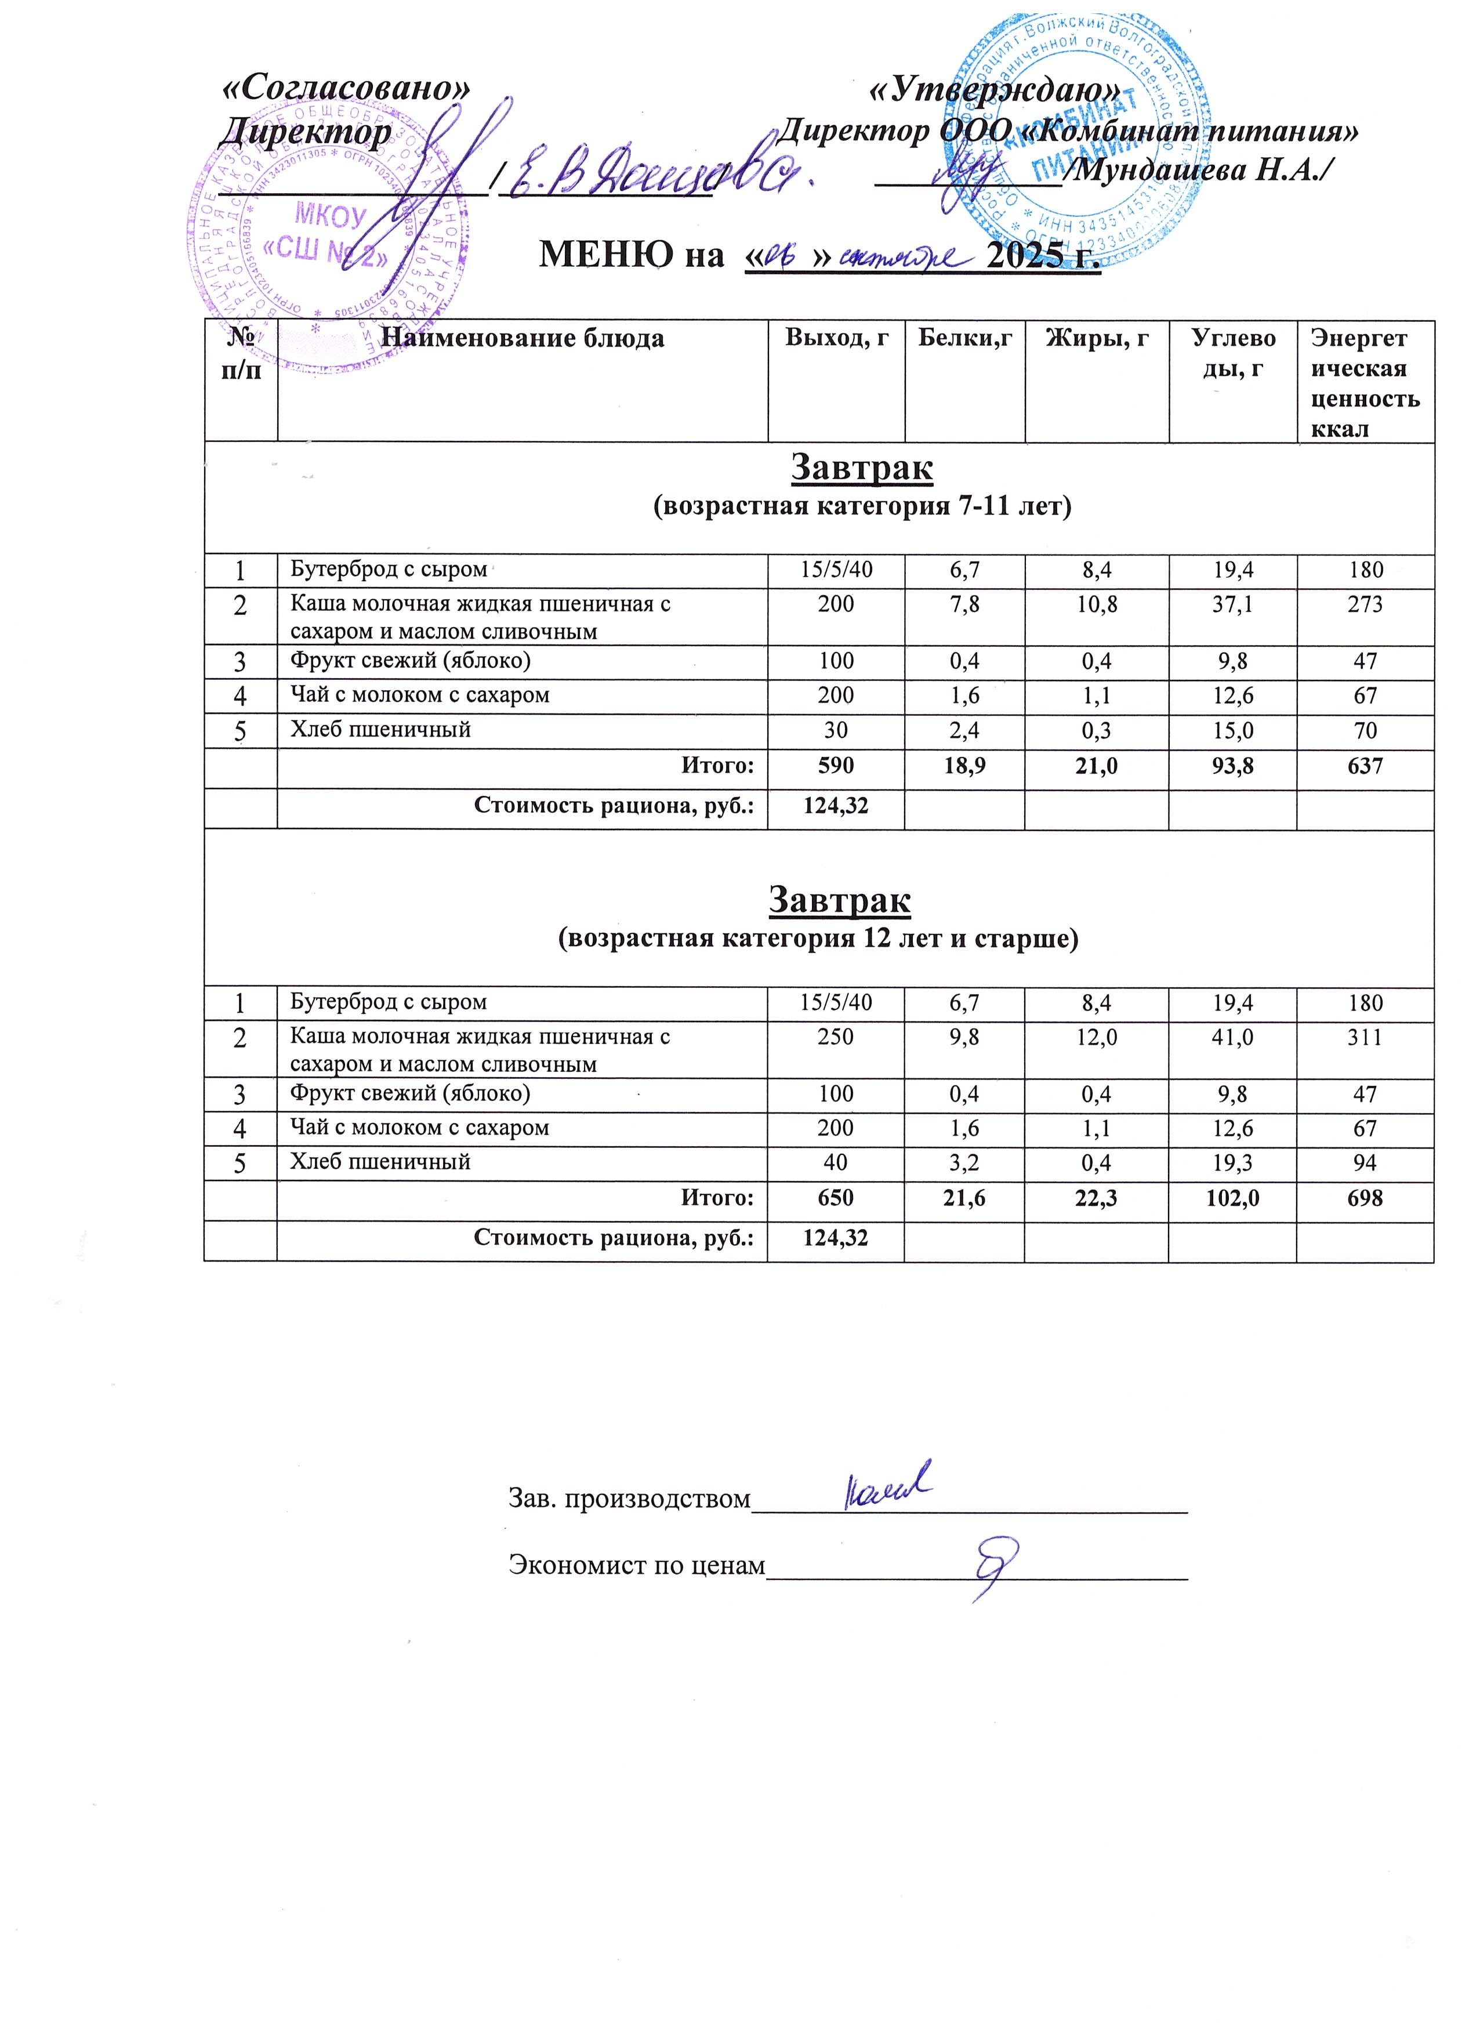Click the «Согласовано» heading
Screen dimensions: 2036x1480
click(x=346, y=87)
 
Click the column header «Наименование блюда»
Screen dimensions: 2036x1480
click(x=523, y=338)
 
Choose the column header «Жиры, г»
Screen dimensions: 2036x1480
click(x=1096, y=338)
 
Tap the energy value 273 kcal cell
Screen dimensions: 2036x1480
click(x=1364, y=604)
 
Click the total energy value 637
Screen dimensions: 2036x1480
click(x=1364, y=766)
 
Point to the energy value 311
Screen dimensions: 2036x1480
click(x=1364, y=1037)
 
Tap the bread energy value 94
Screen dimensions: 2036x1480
click(x=1364, y=1162)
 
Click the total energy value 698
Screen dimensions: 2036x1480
click(x=1364, y=1198)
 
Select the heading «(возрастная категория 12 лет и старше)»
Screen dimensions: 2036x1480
click(x=818, y=939)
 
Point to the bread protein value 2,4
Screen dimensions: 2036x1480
click(x=964, y=730)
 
